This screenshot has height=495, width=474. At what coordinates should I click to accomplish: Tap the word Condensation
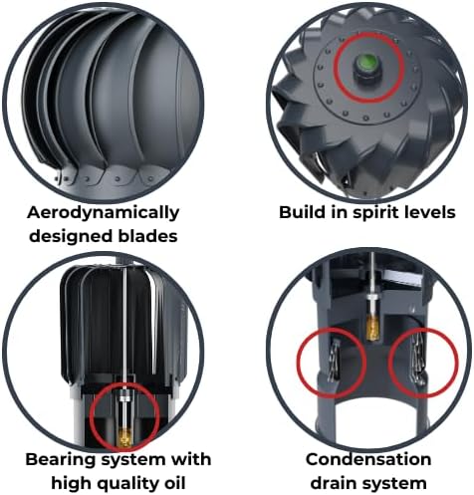pos(368,459)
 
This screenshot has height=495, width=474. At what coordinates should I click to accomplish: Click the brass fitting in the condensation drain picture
pos(370,330)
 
